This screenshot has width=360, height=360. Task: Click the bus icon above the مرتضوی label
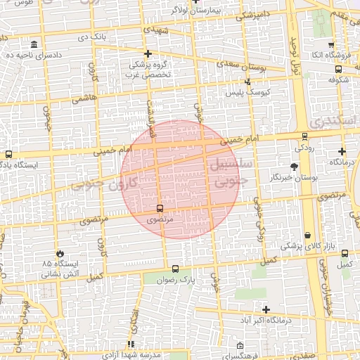(160, 208)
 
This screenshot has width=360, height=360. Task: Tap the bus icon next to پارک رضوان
(175, 268)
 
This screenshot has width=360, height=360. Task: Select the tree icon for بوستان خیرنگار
(294, 167)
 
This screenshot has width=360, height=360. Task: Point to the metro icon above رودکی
(304, 136)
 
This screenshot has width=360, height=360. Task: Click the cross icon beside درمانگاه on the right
(342, 151)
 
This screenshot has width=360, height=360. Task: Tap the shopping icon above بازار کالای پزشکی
(309, 235)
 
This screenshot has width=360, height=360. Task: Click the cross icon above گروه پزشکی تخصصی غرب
(148, 53)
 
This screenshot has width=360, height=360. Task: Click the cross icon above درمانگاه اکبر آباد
(266, 309)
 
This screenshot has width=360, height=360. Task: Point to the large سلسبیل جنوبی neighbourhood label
(226, 172)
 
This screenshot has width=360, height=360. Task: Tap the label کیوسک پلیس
(243, 92)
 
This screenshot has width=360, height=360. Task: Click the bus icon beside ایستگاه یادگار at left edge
(8, 154)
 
